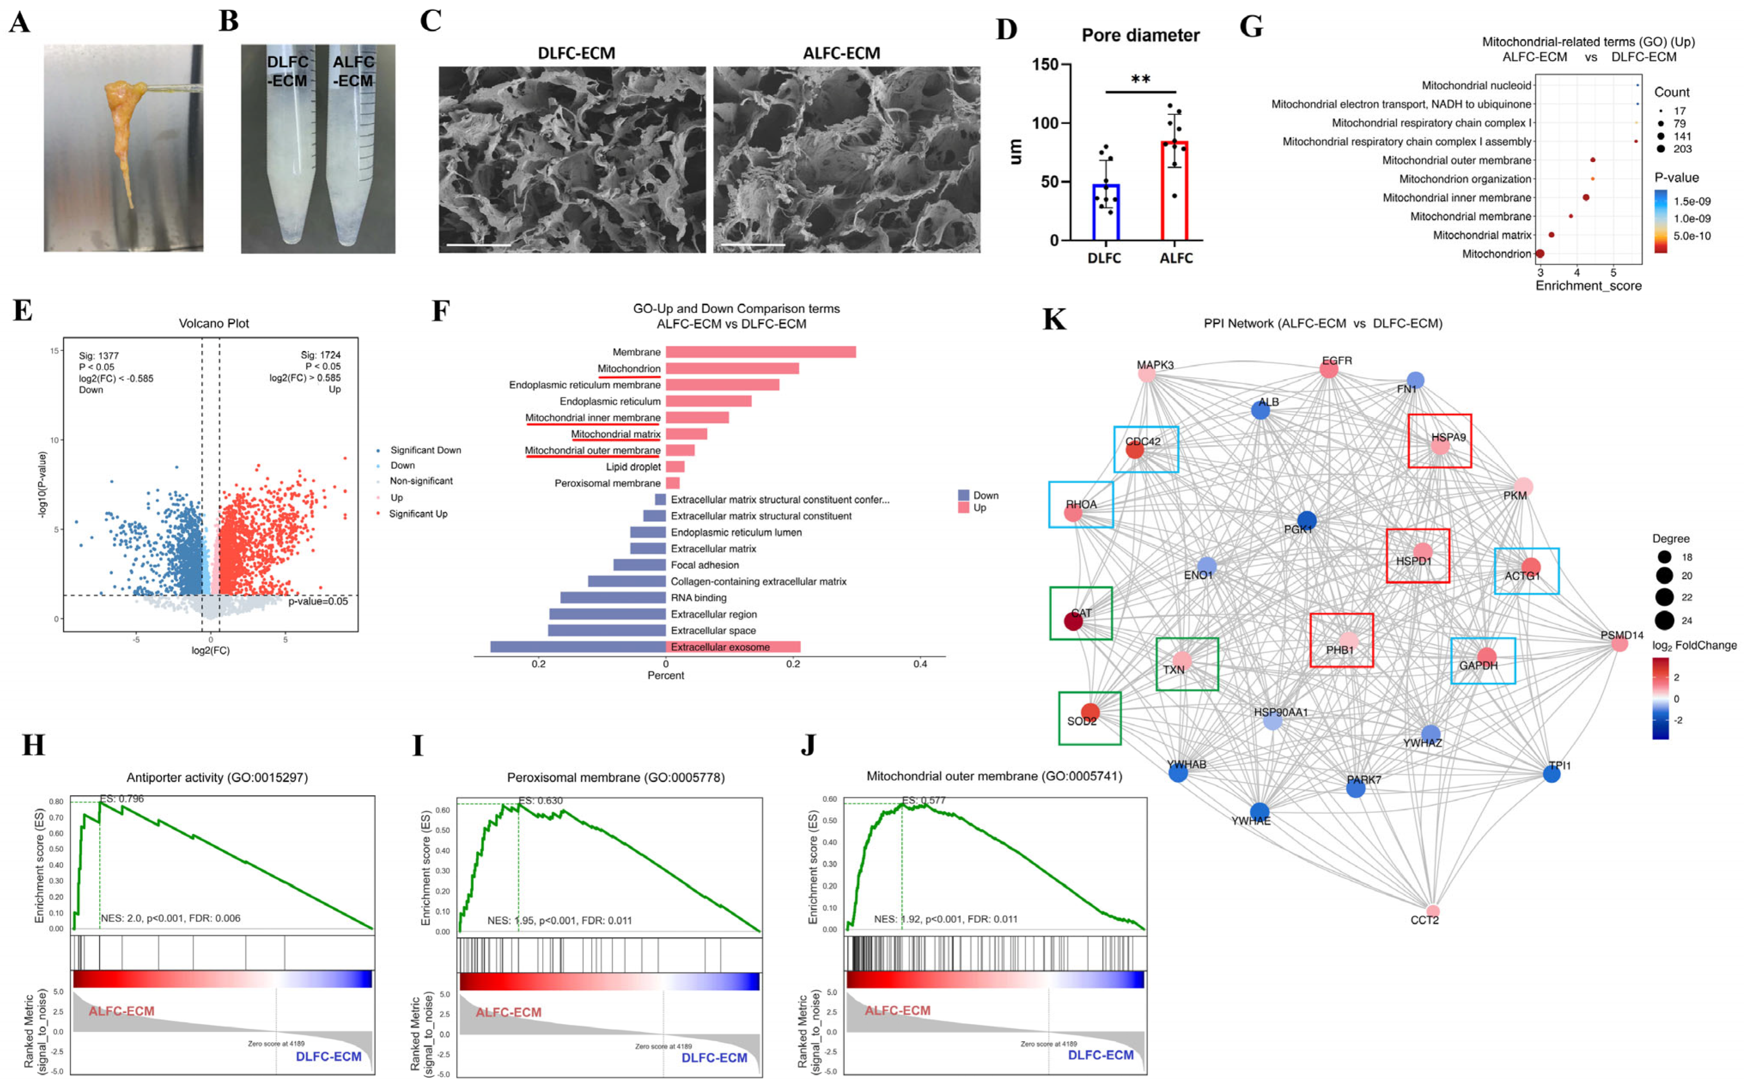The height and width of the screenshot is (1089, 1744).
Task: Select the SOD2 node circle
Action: (1090, 712)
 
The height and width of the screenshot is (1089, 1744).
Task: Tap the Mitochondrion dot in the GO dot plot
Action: (1539, 253)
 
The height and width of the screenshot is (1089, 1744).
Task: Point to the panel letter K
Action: (1054, 319)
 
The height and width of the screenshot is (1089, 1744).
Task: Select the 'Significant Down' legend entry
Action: (425, 450)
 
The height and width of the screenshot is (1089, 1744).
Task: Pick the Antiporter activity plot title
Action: (217, 777)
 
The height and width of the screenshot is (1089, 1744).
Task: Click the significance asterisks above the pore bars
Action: (1140, 79)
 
